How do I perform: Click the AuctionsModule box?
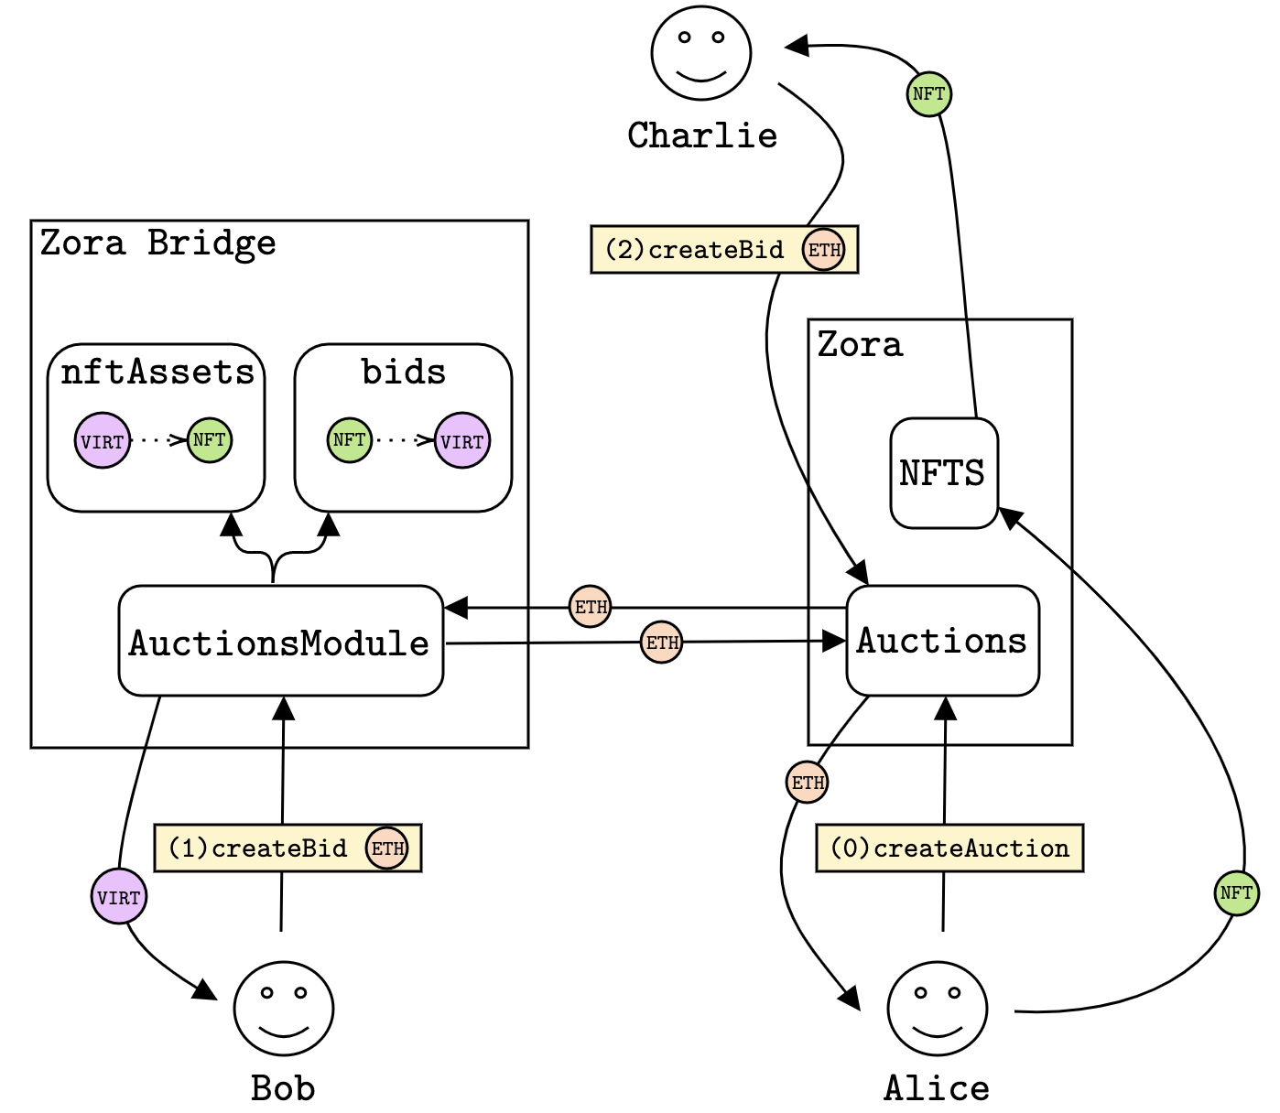pos(281,641)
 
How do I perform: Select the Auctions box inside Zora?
pos(942,641)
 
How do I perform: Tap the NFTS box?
pos(943,473)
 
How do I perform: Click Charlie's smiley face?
pos(701,52)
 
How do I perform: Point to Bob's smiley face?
pos(284,1009)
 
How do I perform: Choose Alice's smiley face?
pos(937,1009)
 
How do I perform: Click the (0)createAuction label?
pos(949,848)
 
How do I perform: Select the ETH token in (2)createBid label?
pos(824,250)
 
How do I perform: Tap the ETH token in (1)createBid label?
pos(387,848)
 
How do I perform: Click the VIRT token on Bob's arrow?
pos(119,896)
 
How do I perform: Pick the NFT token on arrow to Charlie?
pos(928,93)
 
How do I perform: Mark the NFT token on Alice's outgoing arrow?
pos(1236,892)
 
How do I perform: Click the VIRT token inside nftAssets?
pos(103,440)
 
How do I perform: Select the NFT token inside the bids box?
pos(350,440)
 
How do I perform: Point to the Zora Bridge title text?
pos(157,243)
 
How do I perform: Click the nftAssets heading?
pos(157,373)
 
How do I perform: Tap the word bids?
pos(403,373)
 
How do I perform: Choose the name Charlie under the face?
pos(702,136)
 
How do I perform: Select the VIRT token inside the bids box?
pos(462,440)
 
